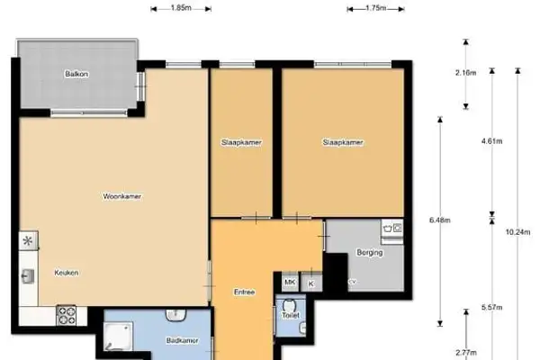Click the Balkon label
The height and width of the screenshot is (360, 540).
click(x=75, y=74)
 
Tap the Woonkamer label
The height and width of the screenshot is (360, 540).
click(x=123, y=195)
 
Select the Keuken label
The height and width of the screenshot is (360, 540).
click(x=66, y=273)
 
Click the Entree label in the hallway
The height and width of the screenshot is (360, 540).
click(x=244, y=292)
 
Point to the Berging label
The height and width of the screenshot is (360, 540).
click(x=370, y=253)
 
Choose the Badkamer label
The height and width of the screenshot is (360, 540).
click(x=183, y=340)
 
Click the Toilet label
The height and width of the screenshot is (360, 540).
click(x=290, y=316)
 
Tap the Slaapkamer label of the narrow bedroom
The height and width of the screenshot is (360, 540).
click(x=241, y=142)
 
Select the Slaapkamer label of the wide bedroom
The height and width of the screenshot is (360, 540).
click(x=342, y=142)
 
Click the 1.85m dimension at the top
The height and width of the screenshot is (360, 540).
click(x=180, y=7)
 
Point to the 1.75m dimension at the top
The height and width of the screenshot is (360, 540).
click(x=376, y=7)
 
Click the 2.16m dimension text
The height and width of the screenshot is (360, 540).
click(x=466, y=73)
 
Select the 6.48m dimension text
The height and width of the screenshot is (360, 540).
click(x=440, y=220)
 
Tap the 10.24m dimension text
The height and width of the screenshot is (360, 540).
click(x=517, y=232)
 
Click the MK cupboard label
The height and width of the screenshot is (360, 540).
click(x=290, y=283)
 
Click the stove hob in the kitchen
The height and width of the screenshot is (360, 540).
click(x=67, y=315)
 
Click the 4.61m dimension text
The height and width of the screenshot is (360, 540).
click(x=492, y=141)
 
